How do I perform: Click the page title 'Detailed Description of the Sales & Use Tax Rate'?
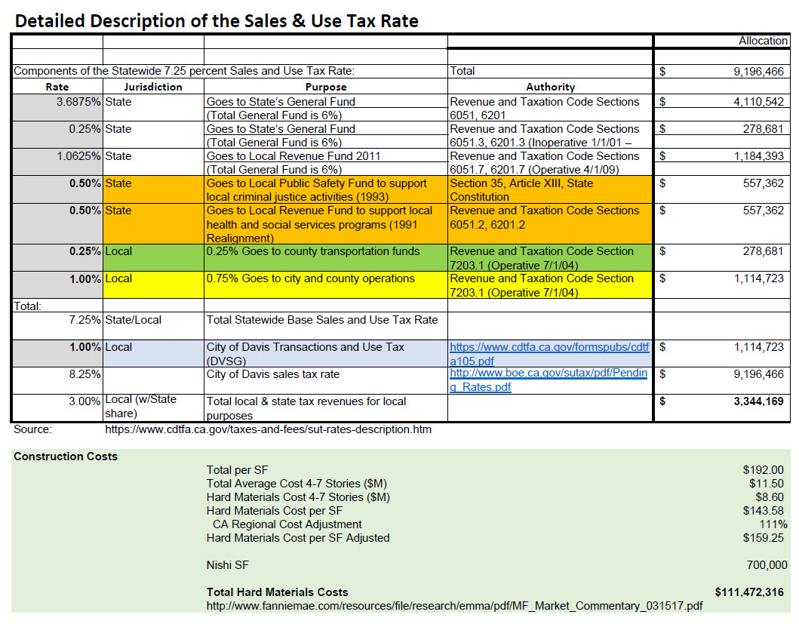(x=217, y=20)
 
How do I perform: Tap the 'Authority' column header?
(x=550, y=87)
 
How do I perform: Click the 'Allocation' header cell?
(x=763, y=41)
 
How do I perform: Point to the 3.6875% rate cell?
(x=78, y=102)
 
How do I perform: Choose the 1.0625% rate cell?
(x=78, y=156)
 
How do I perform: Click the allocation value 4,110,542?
(x=758, y=102)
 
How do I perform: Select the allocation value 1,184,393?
(x=758, y=156)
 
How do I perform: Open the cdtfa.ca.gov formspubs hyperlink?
(x=549, y=354)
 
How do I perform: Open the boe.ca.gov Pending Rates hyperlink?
(x=549, y=380)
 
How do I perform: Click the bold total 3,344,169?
(x=758, y=401)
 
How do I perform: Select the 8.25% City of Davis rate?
(x=85, y=374)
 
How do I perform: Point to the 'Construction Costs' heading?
(x=66, y=456)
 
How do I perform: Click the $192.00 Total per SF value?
(x=764, y=470)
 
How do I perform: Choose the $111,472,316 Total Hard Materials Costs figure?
(x=751, y=592)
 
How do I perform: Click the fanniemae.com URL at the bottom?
(x=454, y=606)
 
